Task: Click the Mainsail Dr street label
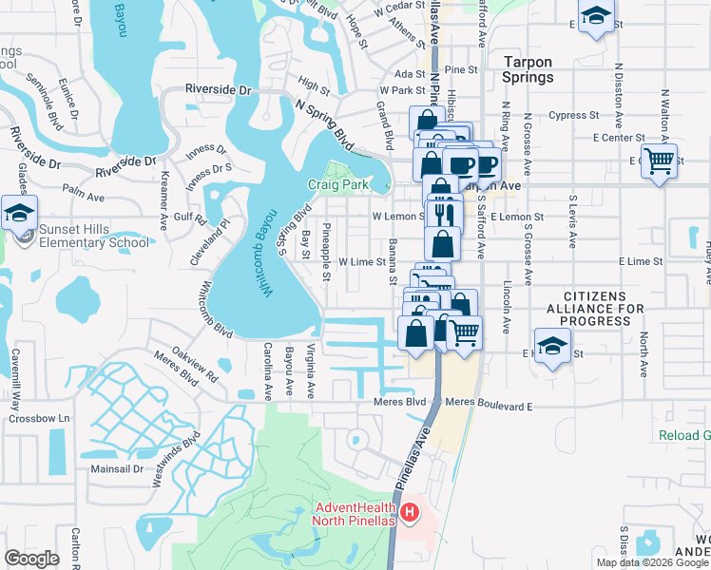(x=118, y=468)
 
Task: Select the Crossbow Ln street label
(x=50, y=418)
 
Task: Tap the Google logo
(x=31, y=559)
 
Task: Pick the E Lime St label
(x=640, y=260)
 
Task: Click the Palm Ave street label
(x=83, y=198)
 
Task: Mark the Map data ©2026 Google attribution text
(x=651, y=562)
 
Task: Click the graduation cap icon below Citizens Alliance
(x=551, y=347)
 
